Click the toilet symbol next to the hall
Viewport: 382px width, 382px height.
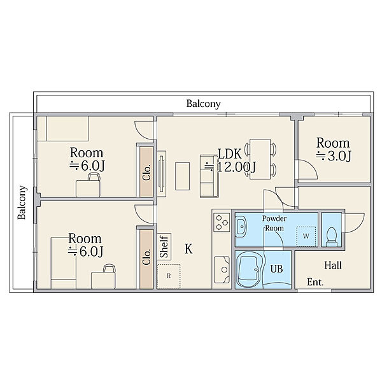coord(331,237)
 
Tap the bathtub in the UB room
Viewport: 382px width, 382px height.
coord(250,270)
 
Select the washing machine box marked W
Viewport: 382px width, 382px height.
coord(306,236)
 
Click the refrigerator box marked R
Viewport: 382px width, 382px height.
coord(169,276)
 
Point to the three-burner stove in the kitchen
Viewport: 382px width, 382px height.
coord(222,222)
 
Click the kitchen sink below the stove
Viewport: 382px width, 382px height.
coord(222,269)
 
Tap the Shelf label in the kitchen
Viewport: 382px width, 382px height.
coord(164,246)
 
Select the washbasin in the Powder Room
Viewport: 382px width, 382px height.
coord(241,227)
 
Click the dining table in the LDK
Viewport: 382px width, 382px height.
coord(260,159)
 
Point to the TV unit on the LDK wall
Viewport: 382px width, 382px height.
coord(162,174)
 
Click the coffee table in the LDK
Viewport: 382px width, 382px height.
coord(182,176)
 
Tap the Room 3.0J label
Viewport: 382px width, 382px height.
coord(333,150)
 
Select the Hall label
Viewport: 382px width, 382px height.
coord(333,265)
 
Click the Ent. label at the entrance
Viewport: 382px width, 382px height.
coord(315,282)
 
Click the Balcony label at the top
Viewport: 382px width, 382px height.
coord(204,104)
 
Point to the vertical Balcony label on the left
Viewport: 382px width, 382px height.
coord(22,202)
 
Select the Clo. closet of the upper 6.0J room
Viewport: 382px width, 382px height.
coord(146,172)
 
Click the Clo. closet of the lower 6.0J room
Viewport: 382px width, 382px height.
coord(146,259)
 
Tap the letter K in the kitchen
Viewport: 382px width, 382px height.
coord(188,249)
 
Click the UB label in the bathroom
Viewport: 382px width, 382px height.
coord(276,269)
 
